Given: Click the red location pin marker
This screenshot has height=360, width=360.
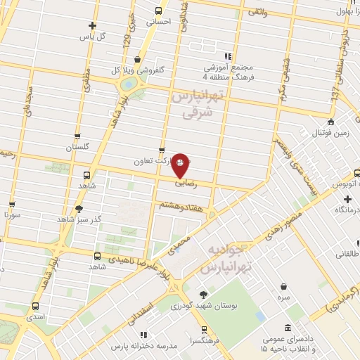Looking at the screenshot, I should (181, 164).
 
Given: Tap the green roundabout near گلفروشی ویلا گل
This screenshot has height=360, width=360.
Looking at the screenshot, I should (129, 84).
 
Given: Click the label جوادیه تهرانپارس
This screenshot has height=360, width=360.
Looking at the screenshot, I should (232, 259).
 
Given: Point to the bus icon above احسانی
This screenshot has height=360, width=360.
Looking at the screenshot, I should (158, 11).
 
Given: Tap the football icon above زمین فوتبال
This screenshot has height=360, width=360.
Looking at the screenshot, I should (331, 122).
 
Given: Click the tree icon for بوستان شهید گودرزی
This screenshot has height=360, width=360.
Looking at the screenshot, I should (203, 295).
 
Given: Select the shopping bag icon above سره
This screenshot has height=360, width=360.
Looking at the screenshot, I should (283, 287).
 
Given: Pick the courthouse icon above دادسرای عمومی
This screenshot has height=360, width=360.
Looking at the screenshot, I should (289, 327).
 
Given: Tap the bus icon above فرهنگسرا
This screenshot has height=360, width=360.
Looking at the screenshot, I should (204, 328).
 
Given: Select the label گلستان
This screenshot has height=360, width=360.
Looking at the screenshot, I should (79, 148).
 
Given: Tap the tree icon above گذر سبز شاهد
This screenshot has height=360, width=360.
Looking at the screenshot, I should (79, 208).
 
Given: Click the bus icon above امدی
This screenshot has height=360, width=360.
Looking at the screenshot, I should (35, 307).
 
